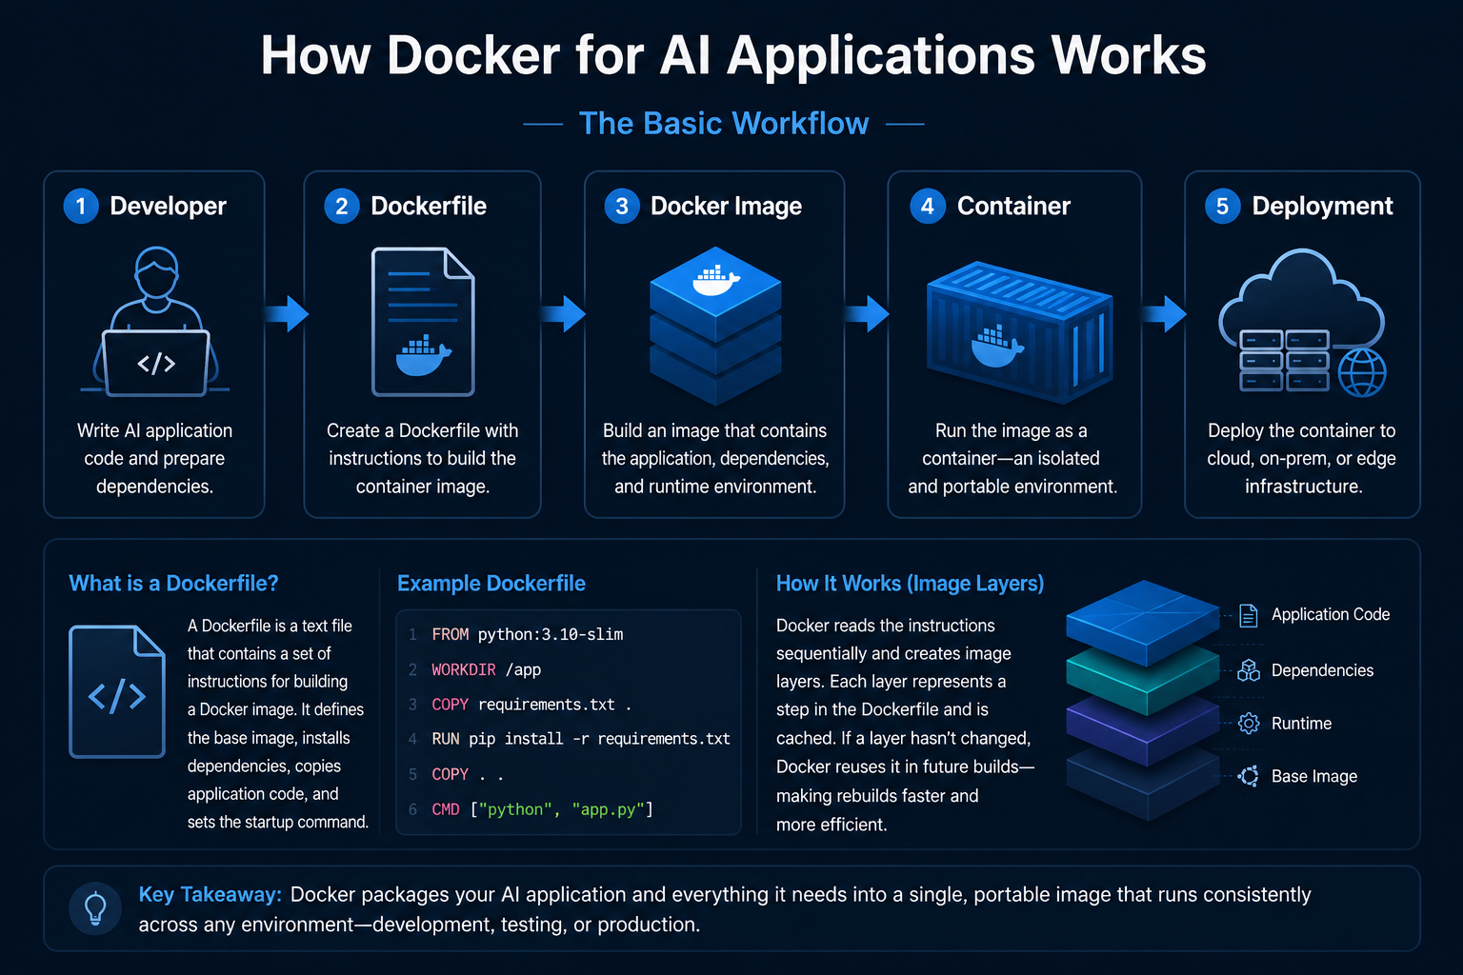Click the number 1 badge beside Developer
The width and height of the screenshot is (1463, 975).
(81, 207)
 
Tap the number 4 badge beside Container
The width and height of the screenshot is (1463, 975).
(928, 207)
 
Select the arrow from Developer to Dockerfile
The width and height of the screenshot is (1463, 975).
(287, 314)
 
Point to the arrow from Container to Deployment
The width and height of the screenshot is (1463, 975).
(1165, 314)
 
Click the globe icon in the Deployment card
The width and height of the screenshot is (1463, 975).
(1362, 372)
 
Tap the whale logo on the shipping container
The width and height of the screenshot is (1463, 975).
(996, 347)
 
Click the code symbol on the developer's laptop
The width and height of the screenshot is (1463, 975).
(156, 364)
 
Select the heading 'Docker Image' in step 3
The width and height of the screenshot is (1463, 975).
(726, 207)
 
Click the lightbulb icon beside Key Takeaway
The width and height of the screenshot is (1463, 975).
(95, 908)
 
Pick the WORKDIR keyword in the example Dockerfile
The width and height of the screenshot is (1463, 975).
(464, 669)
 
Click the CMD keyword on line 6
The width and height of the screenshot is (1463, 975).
(446, 809)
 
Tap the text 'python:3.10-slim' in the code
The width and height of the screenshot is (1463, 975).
(551, 635)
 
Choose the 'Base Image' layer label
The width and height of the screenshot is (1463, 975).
(1314, 776)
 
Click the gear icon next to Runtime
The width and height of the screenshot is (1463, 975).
(1249, 724)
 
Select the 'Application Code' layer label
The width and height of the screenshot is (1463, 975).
(1331, 614)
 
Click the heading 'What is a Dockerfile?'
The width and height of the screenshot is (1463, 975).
(173, 583)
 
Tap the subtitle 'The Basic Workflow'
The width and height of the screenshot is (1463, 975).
(724, 124)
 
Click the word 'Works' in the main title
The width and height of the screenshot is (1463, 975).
(1128, 55)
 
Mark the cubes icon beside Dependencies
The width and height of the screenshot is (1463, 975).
(1249, 670)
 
